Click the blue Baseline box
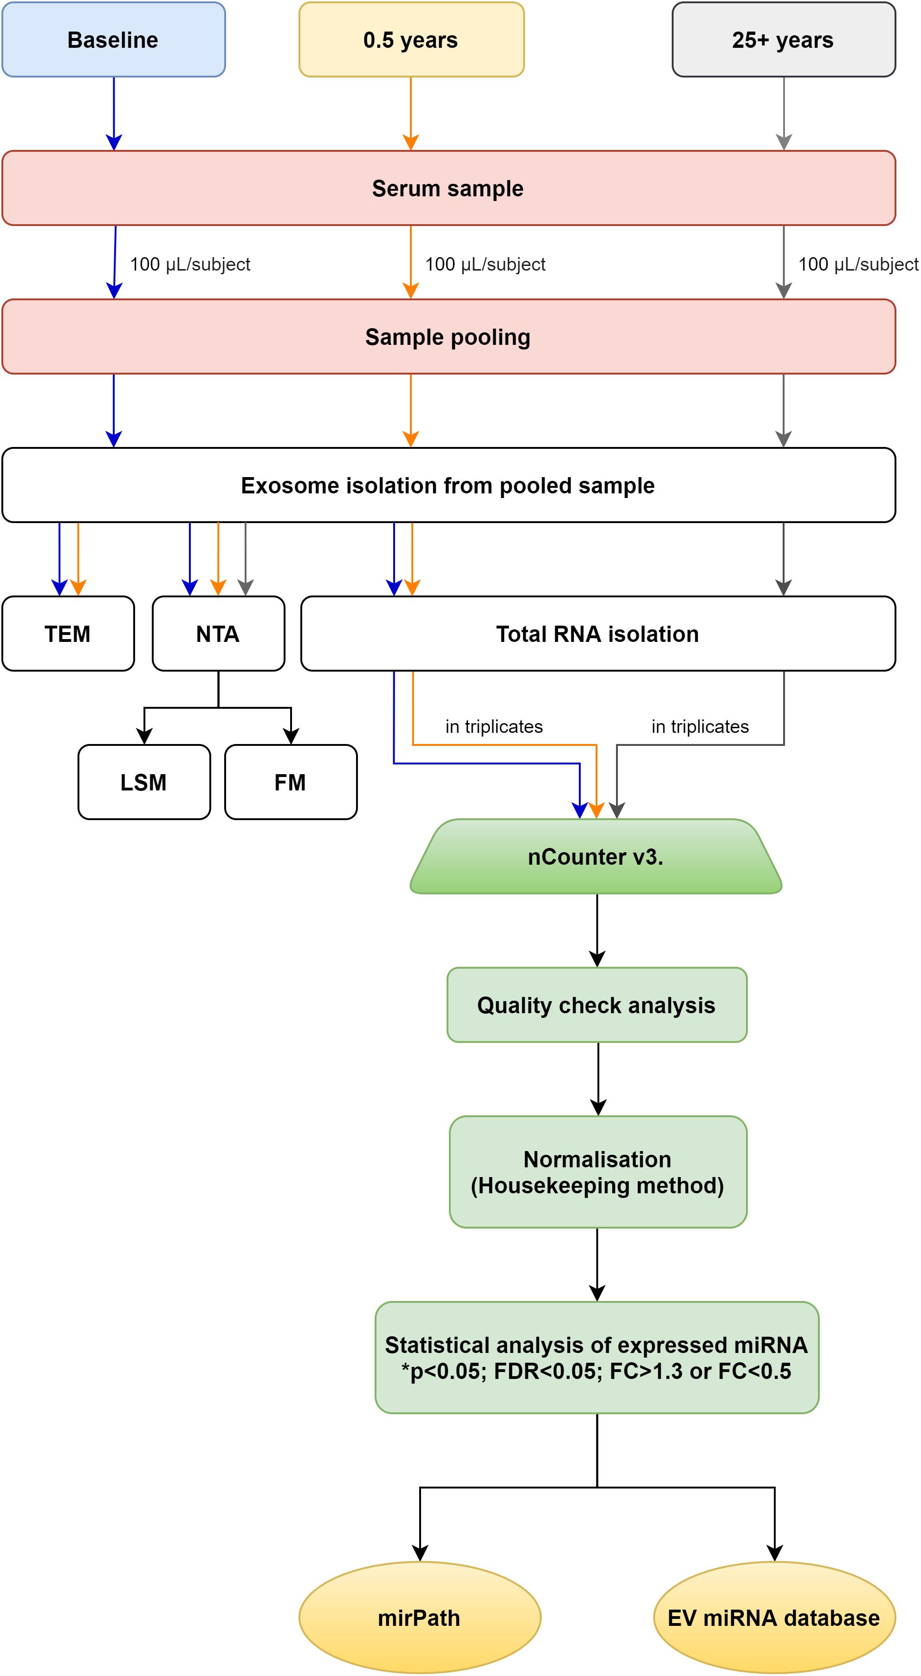[113, 40]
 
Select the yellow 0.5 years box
[411, 40]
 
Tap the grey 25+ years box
[784, 40]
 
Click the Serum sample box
[448, 188]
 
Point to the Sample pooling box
[448, 336]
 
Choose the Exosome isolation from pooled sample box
[448, 485]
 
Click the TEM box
[68, 633]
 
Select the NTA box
[218, 633]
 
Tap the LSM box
[144, 782]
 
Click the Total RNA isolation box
[598, 633]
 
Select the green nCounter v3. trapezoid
[596, 856]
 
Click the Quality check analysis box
[597, 1004]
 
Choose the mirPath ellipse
[420, 1618]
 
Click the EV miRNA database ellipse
[774, 1618]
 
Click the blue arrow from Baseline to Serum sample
[114, 114]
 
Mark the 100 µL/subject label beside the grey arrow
[858, 264]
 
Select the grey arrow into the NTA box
[246, 559]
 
